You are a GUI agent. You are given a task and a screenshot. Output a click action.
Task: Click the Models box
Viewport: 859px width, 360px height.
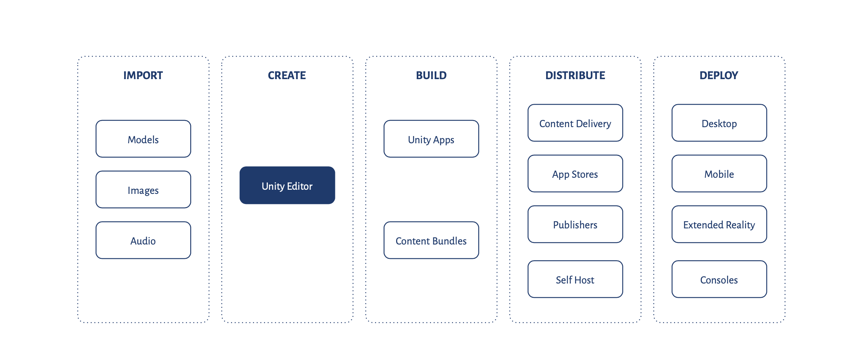pos(143,139)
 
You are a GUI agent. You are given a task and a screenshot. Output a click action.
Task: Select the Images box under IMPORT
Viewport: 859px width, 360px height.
pos(143,190)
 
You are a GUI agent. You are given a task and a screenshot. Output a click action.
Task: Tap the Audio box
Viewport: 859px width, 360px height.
pos(143,240)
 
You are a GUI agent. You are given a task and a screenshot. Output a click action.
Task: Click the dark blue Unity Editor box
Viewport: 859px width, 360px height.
pos(287,186)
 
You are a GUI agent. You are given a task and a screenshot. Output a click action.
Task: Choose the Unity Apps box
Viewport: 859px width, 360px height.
pos(431,139)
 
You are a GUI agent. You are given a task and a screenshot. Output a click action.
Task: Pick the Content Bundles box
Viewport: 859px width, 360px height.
pos(431,240)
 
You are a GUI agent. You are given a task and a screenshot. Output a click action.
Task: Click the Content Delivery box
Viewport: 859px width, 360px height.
pos(575,123)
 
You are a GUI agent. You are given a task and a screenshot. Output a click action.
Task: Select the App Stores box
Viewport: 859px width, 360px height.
pos(575,174)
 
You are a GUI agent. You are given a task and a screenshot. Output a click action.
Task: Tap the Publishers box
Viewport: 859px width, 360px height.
pos(575,224)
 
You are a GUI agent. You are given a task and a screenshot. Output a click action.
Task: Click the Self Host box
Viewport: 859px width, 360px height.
pos(575,279)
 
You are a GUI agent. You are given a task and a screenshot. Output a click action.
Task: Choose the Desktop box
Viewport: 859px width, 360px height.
pos(719,123)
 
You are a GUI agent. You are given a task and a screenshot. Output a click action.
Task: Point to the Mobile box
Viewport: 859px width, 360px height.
pos(719,174)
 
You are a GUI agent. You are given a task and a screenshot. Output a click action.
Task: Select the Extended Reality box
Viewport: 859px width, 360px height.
pos(719,224)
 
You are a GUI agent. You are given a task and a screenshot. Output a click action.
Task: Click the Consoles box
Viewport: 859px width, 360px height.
pos(719,279)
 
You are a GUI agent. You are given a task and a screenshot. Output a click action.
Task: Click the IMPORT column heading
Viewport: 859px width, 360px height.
pos(143,75)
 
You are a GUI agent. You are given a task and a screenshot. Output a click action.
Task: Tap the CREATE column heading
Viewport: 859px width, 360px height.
pos(287,75)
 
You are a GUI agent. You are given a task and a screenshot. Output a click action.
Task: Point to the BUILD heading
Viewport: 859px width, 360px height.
pos(431,75)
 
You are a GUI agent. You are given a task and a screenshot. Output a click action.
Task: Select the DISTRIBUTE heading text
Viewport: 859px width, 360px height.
pos(575,75)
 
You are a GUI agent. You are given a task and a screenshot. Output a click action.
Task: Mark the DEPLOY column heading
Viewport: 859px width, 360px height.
pos(719,75)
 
